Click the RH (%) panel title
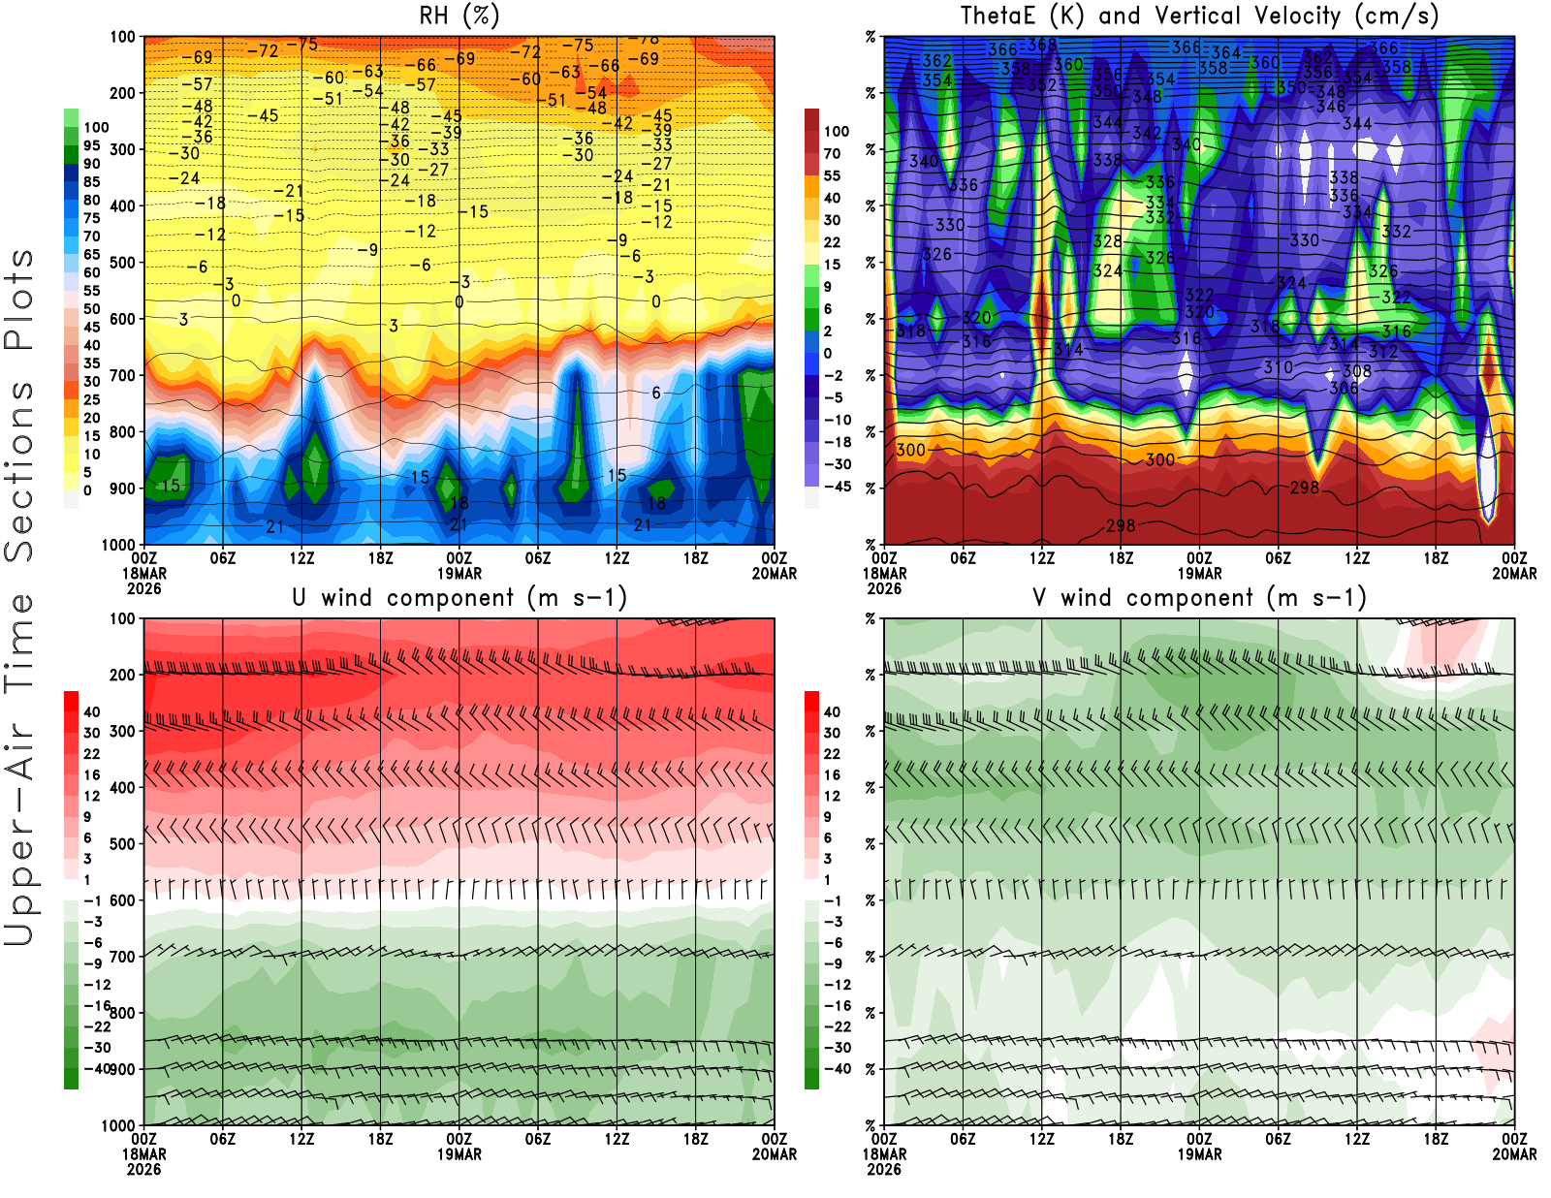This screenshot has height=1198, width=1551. (x=459, y=16)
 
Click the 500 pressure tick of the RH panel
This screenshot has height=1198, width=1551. (x=122, y=263)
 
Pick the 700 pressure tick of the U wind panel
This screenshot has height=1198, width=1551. (x=122, y=957)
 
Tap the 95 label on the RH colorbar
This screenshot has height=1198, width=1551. (x=91, y=145)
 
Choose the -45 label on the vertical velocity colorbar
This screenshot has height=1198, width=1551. (x=837, y=487)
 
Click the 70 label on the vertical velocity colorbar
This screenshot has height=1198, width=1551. (x=832, y=153)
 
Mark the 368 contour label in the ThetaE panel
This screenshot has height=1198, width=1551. (x=1042, y=45)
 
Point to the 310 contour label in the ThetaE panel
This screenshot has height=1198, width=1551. (x=1278, y=367)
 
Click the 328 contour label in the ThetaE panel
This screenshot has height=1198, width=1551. (x=1107, y=241)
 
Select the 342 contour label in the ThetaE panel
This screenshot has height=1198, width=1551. (x=1147, y=133)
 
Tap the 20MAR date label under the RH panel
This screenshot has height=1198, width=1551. (x=775, y=573)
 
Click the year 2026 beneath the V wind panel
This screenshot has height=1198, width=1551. (x=884, y=1169)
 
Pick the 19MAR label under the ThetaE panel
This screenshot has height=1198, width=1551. (x=1199, y=573)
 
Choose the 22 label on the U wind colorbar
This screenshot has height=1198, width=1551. (x=91, y=754)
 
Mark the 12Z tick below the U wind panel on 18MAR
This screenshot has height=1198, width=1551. (x=301, y=1140)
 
